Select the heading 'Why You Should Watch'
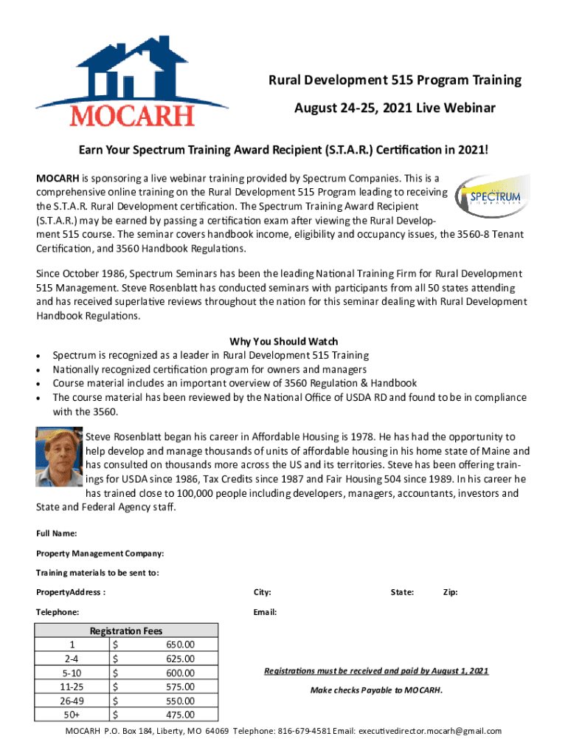pos(284,341)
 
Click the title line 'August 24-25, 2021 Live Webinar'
pos(395,109)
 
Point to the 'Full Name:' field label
pos(57,534)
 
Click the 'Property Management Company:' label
pos(100,554)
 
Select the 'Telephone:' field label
pos(58,613)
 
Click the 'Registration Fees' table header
pos(126,630)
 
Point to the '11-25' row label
pos(72,687)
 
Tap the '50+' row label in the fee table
pos(72,715)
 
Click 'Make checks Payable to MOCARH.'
pos(376,690)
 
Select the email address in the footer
pos(430,731)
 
